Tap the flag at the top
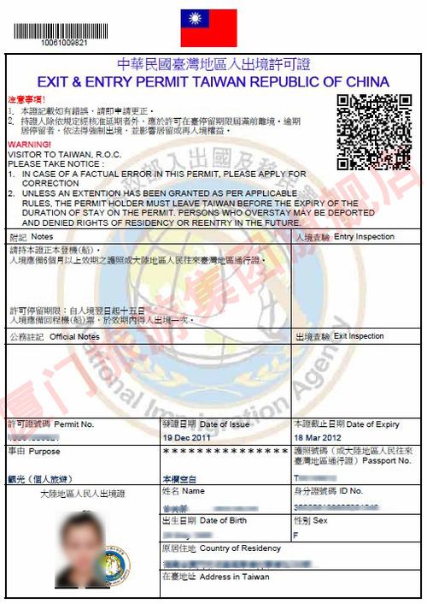click(x=208, y=28)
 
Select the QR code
click(x=374, y=131)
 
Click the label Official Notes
click(x=74, y=337)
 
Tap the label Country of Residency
click(x=240, y=548)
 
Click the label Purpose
click(x=44, y=450)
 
